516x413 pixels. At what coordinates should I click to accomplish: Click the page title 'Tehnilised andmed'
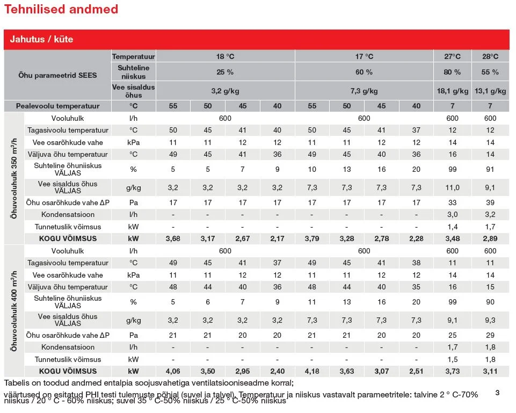point(61,9)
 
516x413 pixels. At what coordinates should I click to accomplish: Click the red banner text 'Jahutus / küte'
point(41,39)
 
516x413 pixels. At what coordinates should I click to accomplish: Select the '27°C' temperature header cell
point(453,56)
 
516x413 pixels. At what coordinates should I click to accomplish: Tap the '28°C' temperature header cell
point(490,56)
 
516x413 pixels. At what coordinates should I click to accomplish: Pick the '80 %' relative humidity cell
point(453,72)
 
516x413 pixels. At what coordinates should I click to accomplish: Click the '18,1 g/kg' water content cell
point(453,91)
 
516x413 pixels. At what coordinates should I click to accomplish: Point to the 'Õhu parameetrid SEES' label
point(57,75)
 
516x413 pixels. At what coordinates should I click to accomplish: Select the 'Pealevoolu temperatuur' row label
point(57,106)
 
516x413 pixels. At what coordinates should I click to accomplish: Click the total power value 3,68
point(173,238)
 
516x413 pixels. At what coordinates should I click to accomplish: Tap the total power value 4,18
point(312,371)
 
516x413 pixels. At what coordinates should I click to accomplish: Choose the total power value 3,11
point(490,371)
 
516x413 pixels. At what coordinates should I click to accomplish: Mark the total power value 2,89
point(490,238)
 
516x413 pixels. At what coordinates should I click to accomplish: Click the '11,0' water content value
point(453,187)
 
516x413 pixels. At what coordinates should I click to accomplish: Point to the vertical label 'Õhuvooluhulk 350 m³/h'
point(14,178)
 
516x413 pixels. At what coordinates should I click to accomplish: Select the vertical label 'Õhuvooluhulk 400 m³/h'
point(14,311)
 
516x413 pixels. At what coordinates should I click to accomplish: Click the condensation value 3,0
point(453,215)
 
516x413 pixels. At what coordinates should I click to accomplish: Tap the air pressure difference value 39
point(490,202)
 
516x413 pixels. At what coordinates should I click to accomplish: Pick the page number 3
point(497,393)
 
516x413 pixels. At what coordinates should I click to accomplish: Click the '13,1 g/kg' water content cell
point(490,91)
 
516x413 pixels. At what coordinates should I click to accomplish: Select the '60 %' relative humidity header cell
point(364,72)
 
